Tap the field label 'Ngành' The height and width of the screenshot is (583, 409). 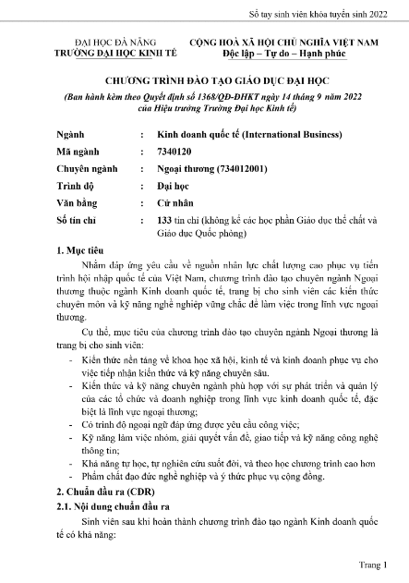70,134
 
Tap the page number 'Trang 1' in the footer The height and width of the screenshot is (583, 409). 371,563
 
